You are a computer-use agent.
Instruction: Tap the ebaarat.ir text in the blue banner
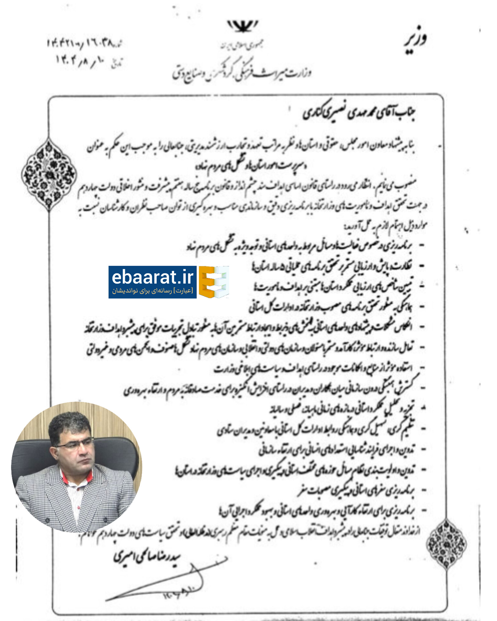click(x=152, y=278)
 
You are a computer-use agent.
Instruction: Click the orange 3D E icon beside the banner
click(x=214, y=282)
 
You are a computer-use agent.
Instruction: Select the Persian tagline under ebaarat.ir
click(x=152, y=291)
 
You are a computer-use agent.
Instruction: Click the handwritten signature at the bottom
click(x=162, y=582)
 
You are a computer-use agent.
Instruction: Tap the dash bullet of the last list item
click(x=422, y=511)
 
